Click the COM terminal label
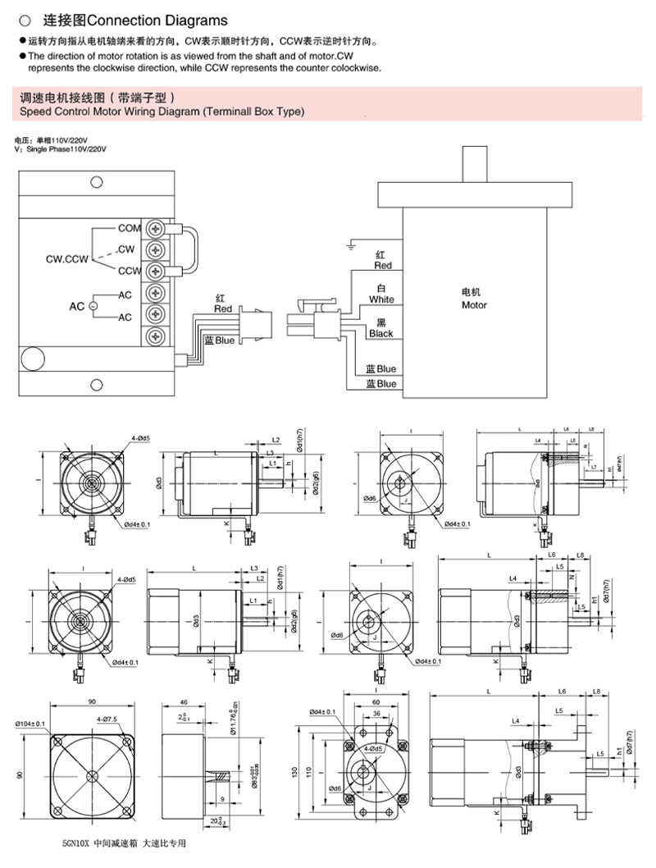[130, 228]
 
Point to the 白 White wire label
[381, 294]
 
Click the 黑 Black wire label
[381, 328]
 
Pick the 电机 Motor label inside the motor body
[474, 299]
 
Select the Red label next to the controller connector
[223, 304]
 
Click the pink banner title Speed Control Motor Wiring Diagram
[162, 111]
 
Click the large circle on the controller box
[34, 359]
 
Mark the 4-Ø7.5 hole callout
[108, 720]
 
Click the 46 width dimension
[184, 703]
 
